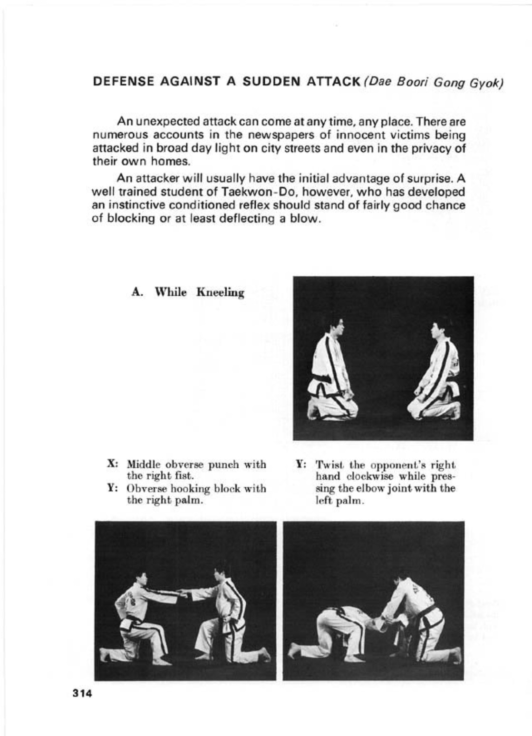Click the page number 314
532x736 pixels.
[81, 693]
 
